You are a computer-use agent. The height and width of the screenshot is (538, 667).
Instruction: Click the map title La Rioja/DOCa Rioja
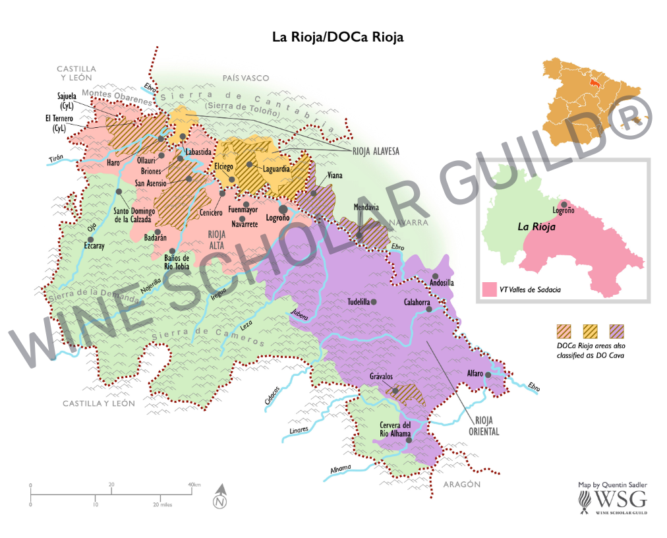337,38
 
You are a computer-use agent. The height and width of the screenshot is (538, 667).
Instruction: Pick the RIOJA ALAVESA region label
376,151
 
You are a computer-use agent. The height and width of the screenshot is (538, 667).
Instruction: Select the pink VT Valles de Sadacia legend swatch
489,290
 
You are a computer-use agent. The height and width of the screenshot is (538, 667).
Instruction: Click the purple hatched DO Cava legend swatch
618,330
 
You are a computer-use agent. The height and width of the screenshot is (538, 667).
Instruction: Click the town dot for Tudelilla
374,302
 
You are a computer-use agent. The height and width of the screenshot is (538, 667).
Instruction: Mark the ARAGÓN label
460,485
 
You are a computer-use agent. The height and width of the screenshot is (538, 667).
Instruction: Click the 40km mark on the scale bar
192,485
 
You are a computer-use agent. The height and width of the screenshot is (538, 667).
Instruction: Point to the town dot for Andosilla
435,276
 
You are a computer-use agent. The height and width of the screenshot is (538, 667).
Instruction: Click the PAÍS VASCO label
246,78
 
